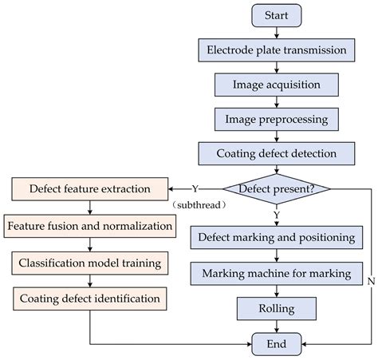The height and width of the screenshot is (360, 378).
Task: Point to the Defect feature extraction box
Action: (x=89, y=190)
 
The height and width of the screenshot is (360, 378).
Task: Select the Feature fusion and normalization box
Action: (x=89, y=226)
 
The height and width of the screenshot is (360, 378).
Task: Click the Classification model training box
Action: (x=89, y=263)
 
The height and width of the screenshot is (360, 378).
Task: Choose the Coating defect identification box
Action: (x=89, y=299)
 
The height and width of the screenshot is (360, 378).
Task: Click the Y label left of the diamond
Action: (x=195, y=190)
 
